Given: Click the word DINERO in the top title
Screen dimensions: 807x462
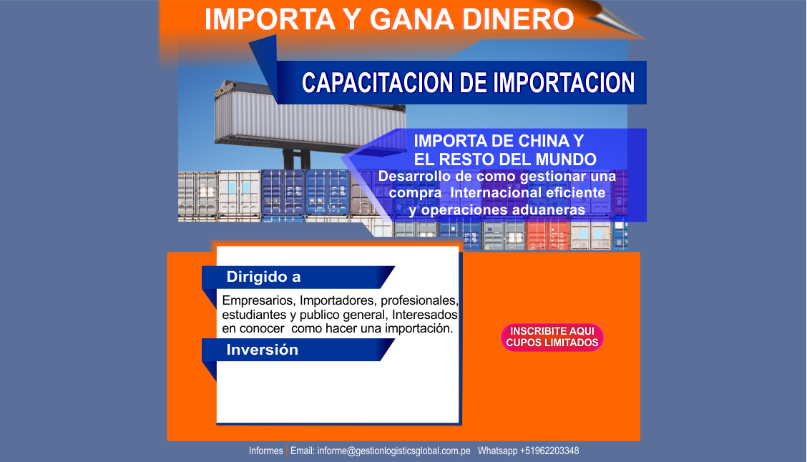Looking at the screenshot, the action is point(518,19).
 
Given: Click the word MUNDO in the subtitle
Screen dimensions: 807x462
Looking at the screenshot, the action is point(566,159).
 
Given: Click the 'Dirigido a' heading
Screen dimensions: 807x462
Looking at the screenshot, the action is point(263,277).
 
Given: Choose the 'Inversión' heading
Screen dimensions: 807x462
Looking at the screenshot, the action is point(263,350).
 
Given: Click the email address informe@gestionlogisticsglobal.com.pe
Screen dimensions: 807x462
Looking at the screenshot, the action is point(393,451).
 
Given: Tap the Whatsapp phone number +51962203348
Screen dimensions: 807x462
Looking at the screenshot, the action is point(549,451).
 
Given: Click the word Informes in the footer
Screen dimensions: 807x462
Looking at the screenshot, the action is point(265,451).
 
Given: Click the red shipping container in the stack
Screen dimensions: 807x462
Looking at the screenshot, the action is point(547,235).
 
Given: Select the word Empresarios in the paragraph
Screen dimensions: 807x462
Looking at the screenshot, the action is point(258,300).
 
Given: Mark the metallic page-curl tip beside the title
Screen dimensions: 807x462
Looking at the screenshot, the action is point(643,38).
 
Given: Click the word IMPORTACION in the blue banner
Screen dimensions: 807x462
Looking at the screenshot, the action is point(564,84).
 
